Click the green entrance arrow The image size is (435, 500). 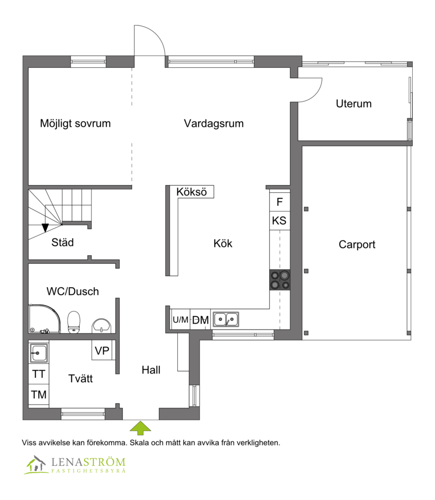pyautogui.click(x=140, y=428)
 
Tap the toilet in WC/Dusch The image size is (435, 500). pyautogui.click(x=74, y=322)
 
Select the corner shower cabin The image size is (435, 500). pyautogui.click(x=44, y=319)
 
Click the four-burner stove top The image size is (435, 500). pyautogui.click(x=280, y=280)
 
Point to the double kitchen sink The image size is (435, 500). pyautogui.click(x=226, y=319)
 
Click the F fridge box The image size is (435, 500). pyautogui.click(x=280, y=201)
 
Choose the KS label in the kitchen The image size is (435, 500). pyautogui.click(x=279, y=220)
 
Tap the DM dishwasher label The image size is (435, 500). pyautogui.click(x=200, y=320)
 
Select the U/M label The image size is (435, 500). pyautogui.click(x=181, y=320)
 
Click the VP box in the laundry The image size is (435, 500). pyautogui.click(x=102, y=351)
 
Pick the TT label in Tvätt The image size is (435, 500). pyautogui.click(x=39, y=374)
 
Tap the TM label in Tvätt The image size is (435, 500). pyautogui.click(x=39, y=395)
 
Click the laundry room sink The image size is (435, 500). pyautogui.click(x=39, y=353)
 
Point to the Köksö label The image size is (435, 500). pyautogui.click(x=191, y=192)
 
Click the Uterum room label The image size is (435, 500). pyautogui.click(x=353, y=104)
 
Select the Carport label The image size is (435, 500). pyautogui.click(x=357, y=245)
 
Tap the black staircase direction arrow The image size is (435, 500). pyautogui.click(x=45, y=227)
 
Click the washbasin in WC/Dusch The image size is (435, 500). pyautogui.click(x=101, y=326)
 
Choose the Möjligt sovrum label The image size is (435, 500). pyautogui.click(x=76, y=123)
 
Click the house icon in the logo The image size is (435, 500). pyautogui.click(x=35, y=464)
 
